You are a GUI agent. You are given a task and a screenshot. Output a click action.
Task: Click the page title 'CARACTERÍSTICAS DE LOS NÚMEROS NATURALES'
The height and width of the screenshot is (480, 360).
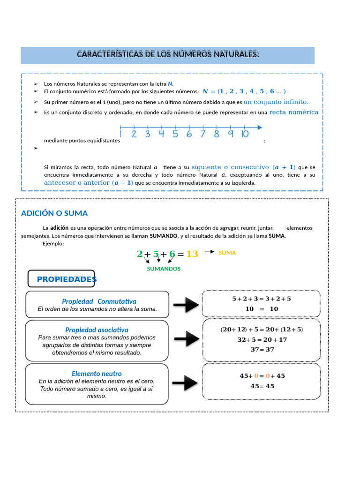coord(167,54)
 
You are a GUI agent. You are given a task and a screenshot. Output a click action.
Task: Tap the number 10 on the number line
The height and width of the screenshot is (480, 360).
coord(244,134)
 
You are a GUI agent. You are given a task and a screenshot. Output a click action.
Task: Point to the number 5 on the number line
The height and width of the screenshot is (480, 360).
coord(175,134)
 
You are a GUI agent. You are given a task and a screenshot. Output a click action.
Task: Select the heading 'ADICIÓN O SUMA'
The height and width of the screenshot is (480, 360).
coord(54,213)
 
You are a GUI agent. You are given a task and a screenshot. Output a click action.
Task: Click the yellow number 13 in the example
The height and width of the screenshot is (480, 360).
coord(192,254)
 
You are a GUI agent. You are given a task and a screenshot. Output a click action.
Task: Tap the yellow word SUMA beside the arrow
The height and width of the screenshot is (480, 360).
coord(227,253)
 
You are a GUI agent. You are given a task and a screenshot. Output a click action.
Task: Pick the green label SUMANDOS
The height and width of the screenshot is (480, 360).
coord(164,269)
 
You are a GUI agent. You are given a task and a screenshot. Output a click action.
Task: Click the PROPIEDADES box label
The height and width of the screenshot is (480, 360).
coord(66,279)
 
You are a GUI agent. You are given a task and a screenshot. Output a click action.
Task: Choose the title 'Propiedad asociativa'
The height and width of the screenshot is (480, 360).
coord(97,330)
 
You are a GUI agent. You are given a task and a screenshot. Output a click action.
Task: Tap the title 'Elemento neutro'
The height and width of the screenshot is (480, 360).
coord(97,374)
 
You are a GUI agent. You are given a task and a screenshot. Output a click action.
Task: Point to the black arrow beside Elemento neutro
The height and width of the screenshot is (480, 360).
coord(184,383)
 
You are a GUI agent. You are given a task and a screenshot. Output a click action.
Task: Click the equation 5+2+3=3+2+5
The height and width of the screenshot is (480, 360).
coord(261,299)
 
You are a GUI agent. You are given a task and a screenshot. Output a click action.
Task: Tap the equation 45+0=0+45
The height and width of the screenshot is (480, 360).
coord(262,375)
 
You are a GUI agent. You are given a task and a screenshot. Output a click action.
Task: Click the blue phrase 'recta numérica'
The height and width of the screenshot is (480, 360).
coord(293,112)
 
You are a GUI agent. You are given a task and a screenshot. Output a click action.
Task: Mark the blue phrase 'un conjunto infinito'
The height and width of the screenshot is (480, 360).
coord(276,102)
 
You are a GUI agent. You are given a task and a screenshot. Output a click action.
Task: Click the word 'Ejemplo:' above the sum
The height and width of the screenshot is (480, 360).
coord(53,243)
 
